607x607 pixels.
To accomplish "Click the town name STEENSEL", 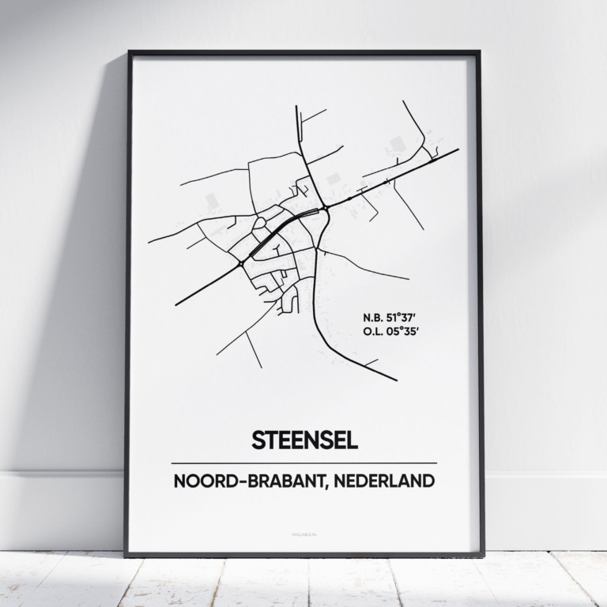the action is tap(304, 440).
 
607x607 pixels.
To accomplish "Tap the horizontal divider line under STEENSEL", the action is tap(304, 463).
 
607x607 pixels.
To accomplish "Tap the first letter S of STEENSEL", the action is tap(257, 440).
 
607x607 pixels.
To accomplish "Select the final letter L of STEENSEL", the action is tap(353, 440).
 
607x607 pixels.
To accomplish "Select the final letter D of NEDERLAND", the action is tap(428, 481).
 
